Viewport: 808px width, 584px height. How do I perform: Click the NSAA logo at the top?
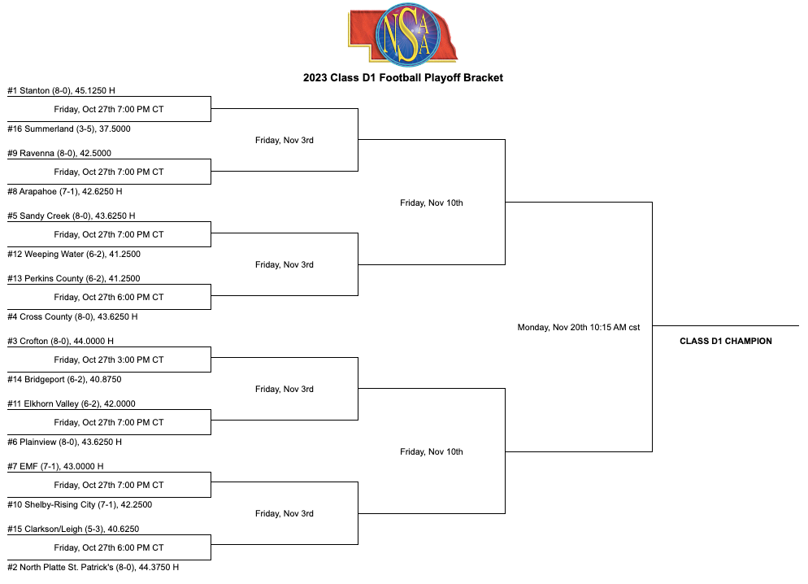403,34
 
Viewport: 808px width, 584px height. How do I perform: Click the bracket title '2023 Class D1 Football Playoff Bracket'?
403,78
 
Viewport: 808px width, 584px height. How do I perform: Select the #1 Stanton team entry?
61,91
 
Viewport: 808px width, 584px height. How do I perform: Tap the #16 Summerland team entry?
69,129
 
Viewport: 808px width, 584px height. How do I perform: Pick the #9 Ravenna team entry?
59,153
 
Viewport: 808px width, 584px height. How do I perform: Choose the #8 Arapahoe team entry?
65,191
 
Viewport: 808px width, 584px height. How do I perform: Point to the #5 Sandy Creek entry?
71,216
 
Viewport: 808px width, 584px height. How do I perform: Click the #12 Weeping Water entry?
74,254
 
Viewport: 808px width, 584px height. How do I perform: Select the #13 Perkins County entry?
74,278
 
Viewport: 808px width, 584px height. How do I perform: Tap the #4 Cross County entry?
72,316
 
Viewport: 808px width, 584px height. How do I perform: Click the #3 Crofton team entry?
61,342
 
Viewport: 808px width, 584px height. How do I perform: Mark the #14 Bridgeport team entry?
64,379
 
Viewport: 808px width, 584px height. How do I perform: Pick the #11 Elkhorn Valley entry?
72,403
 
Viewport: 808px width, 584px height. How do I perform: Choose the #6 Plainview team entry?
64,442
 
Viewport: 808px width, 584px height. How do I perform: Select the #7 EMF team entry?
55,467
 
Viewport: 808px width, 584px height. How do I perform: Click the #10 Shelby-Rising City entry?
80,504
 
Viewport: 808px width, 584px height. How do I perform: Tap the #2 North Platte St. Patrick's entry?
93,567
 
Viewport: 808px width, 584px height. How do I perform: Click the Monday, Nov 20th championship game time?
579,327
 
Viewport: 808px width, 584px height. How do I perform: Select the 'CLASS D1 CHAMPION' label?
726,342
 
